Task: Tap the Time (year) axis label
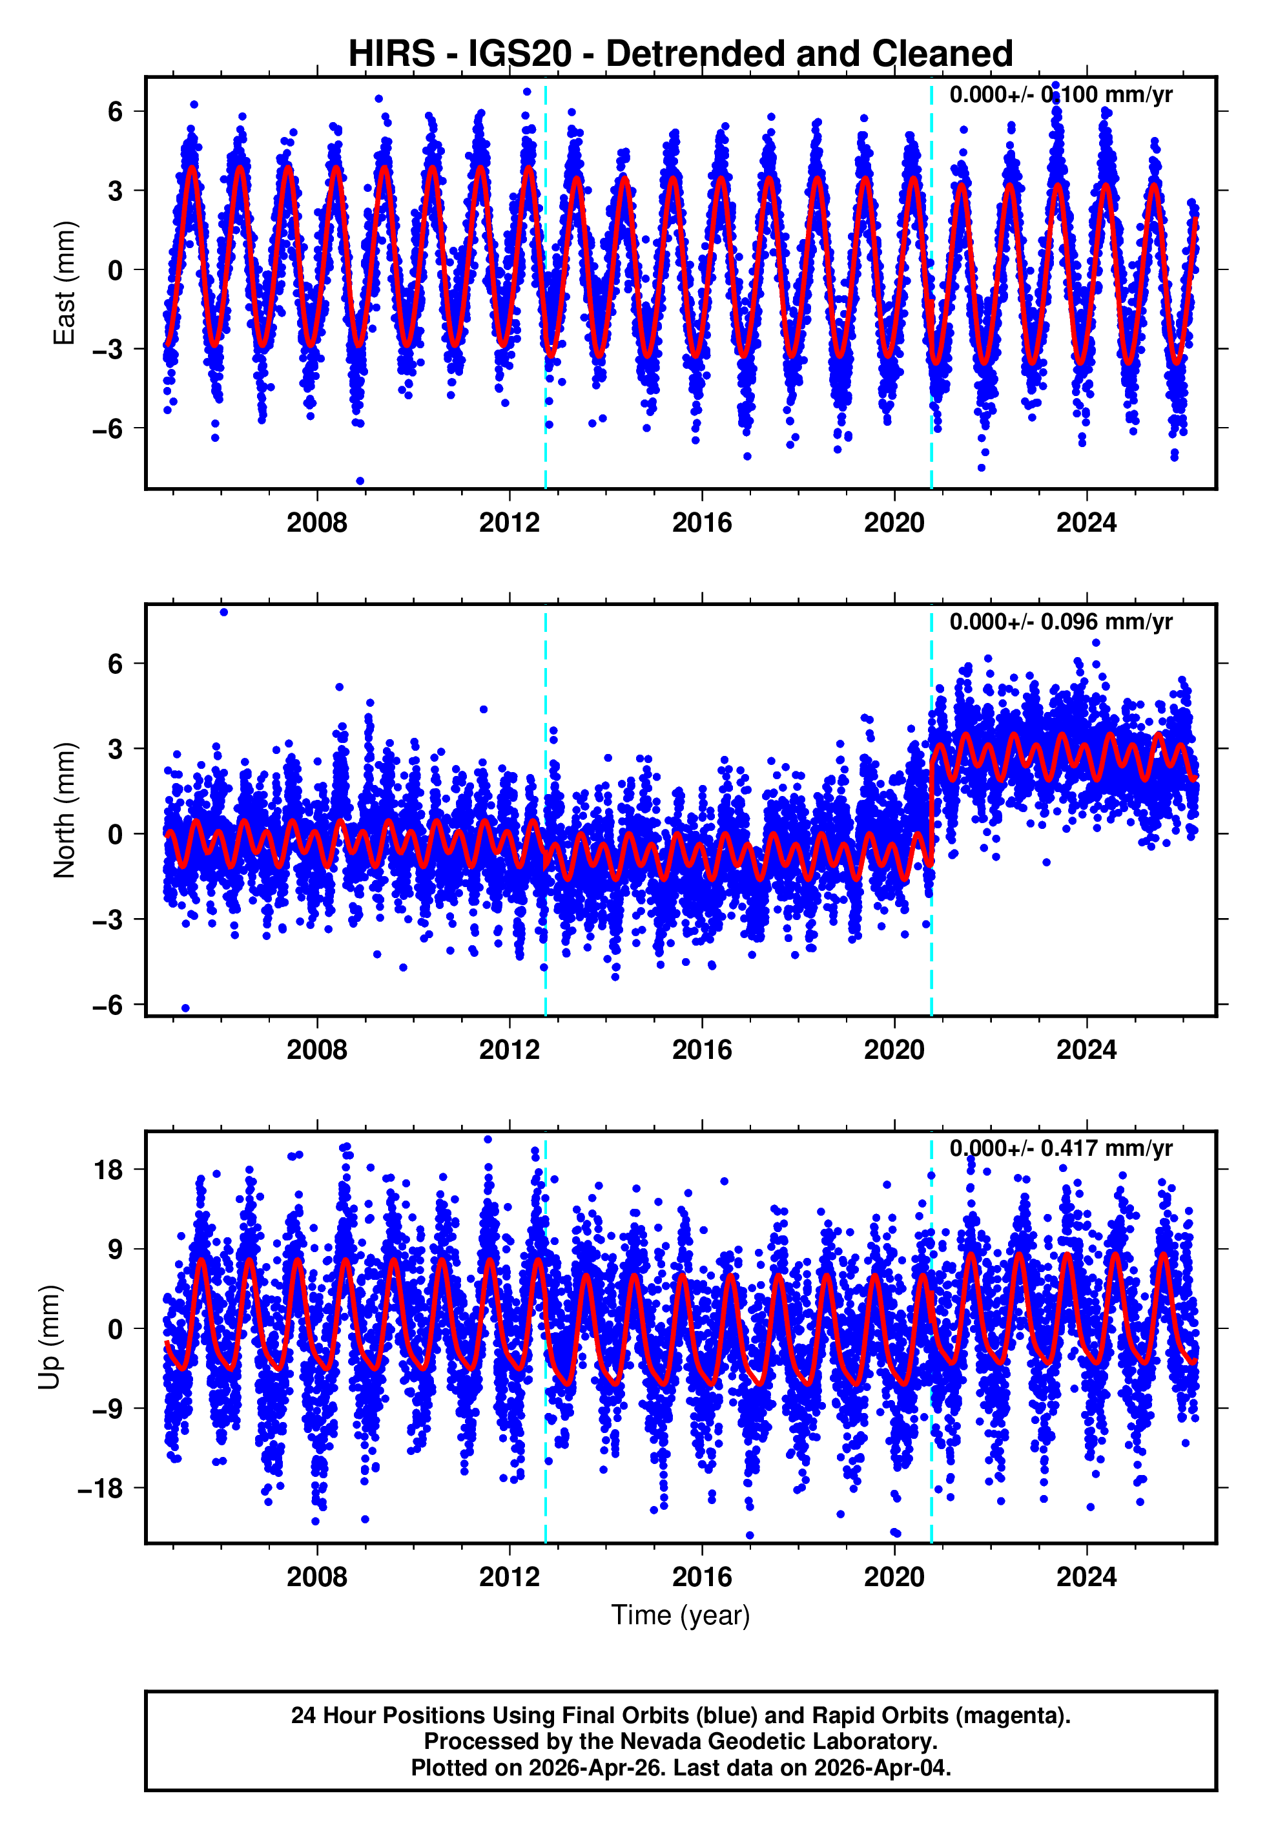pos(681,1616)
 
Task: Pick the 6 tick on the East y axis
pos(115,111)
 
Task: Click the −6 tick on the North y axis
pos(107,1005)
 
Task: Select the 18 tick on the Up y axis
pos(108,1169)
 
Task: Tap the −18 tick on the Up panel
pos(100,1488)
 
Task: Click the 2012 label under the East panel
pos(509,523)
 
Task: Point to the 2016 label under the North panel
pos(702,1050)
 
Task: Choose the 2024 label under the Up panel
pos(1086,1576)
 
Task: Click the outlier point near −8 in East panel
pos(360,481)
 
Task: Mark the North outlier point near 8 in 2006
pos(224,612)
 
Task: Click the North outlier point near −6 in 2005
pos(186,1009)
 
